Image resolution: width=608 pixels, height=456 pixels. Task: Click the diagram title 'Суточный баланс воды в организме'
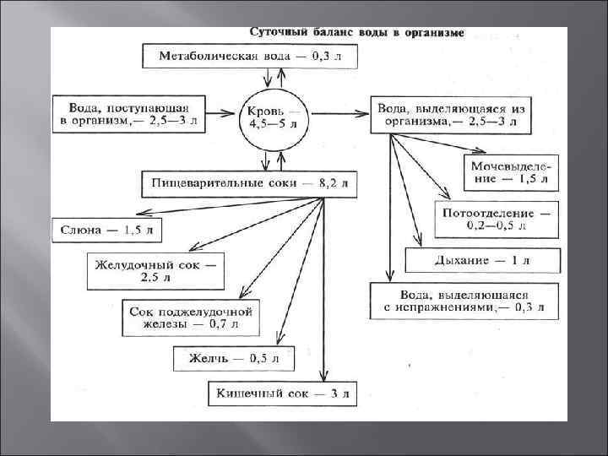[x=356, y=33]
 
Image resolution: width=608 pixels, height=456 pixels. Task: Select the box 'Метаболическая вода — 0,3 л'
[x=250, y=57]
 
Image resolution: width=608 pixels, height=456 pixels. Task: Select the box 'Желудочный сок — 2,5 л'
[x=157, y=271]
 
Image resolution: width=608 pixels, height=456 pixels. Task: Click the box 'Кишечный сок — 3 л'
[x=283, y=393]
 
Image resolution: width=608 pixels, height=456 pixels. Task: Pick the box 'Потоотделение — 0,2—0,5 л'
[x=496, y=218]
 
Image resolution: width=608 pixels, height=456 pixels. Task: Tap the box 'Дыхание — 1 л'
[x=481, y=260]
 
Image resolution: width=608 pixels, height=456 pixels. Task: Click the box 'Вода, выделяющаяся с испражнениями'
[x=464, y=301]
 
